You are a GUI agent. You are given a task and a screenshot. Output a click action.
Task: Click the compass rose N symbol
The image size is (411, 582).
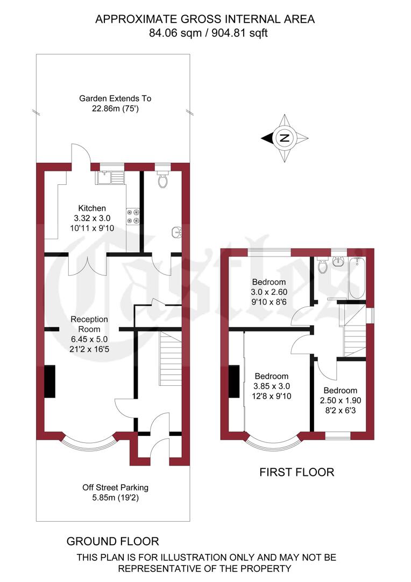285,138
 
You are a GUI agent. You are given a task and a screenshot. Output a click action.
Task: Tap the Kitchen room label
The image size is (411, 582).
92,208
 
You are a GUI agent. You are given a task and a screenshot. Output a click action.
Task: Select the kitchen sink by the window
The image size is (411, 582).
110,177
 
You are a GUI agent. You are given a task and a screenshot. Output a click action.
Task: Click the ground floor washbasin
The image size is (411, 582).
177,233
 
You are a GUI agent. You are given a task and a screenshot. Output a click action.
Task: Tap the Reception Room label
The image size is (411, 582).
89,324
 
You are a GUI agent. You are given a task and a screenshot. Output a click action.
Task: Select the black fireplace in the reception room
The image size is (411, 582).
49,382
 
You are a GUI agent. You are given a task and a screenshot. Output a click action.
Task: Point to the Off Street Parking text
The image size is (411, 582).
115,488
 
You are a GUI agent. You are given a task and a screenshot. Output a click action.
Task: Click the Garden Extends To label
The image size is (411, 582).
115,99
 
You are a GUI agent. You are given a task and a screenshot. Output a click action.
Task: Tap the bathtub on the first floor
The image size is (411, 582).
356,278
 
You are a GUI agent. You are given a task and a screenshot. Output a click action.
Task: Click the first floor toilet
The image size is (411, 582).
323,266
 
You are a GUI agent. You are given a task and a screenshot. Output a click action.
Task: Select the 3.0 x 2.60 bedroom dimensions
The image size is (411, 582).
269,292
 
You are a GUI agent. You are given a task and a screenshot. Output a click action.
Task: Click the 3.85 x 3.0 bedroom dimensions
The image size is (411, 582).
271,386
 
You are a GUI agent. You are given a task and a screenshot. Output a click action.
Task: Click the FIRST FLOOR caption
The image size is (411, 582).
296,473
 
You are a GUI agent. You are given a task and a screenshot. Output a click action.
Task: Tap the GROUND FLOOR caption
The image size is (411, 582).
112,541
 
